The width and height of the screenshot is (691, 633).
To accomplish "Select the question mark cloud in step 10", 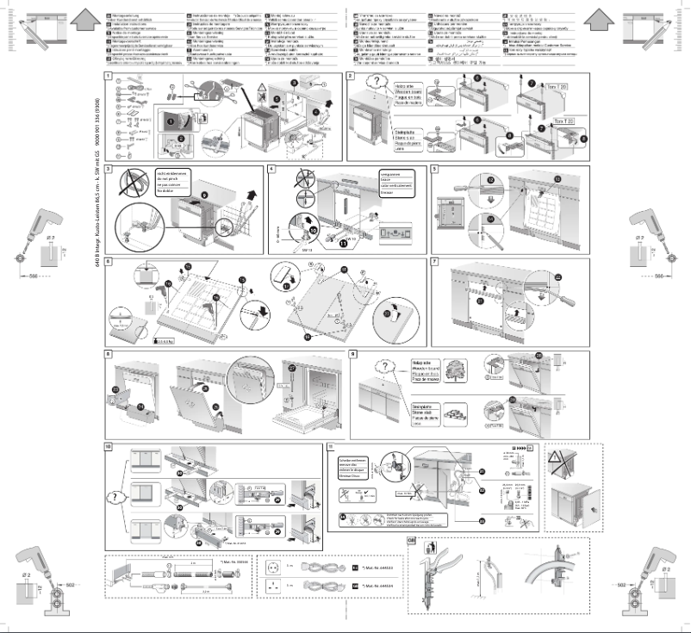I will (x=118, y=498).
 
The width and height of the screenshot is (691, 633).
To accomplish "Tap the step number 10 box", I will (x=109, y=448).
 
